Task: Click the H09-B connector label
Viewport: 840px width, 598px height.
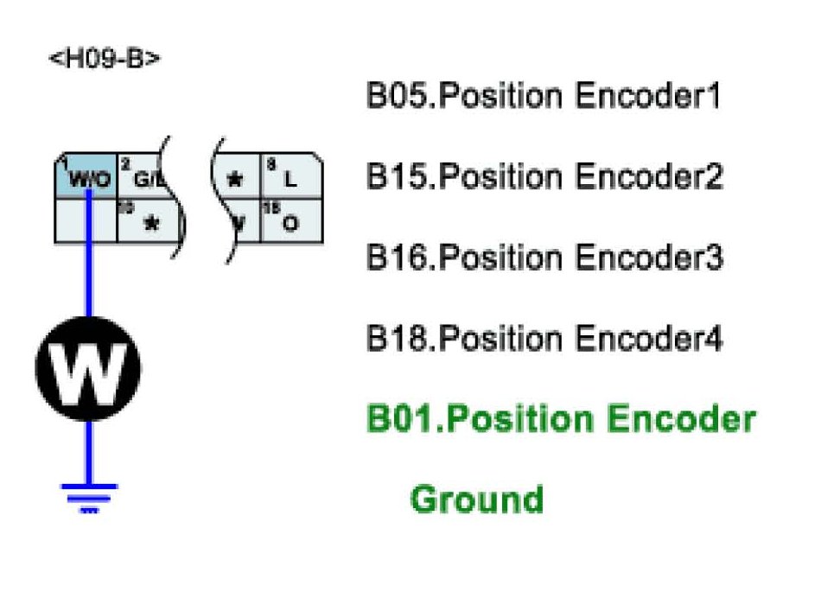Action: click(x=105, y=60)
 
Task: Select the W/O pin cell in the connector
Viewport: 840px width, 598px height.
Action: click(x=86, y=179)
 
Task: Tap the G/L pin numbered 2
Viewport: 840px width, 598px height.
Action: click(x=143, y=179)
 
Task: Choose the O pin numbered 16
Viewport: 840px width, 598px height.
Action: click(x=291, y=222)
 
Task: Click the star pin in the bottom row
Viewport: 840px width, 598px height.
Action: click(x=151, y=223)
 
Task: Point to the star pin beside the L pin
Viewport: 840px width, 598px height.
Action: click(x=234, y=179)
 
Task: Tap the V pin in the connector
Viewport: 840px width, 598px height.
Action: click(x=239, y=222)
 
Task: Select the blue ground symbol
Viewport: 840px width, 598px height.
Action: click(x=88, y=497)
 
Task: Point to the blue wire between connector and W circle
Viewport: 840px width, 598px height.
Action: click(x=87, y=277)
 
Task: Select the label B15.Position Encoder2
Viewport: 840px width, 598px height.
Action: click(x=544, y=177)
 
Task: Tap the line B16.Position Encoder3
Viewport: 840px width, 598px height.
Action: click(x=544, y=258)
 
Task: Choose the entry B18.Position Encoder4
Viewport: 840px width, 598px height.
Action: click(x=544, y=338)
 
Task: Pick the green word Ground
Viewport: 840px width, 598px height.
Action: click(x=476, y=499)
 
